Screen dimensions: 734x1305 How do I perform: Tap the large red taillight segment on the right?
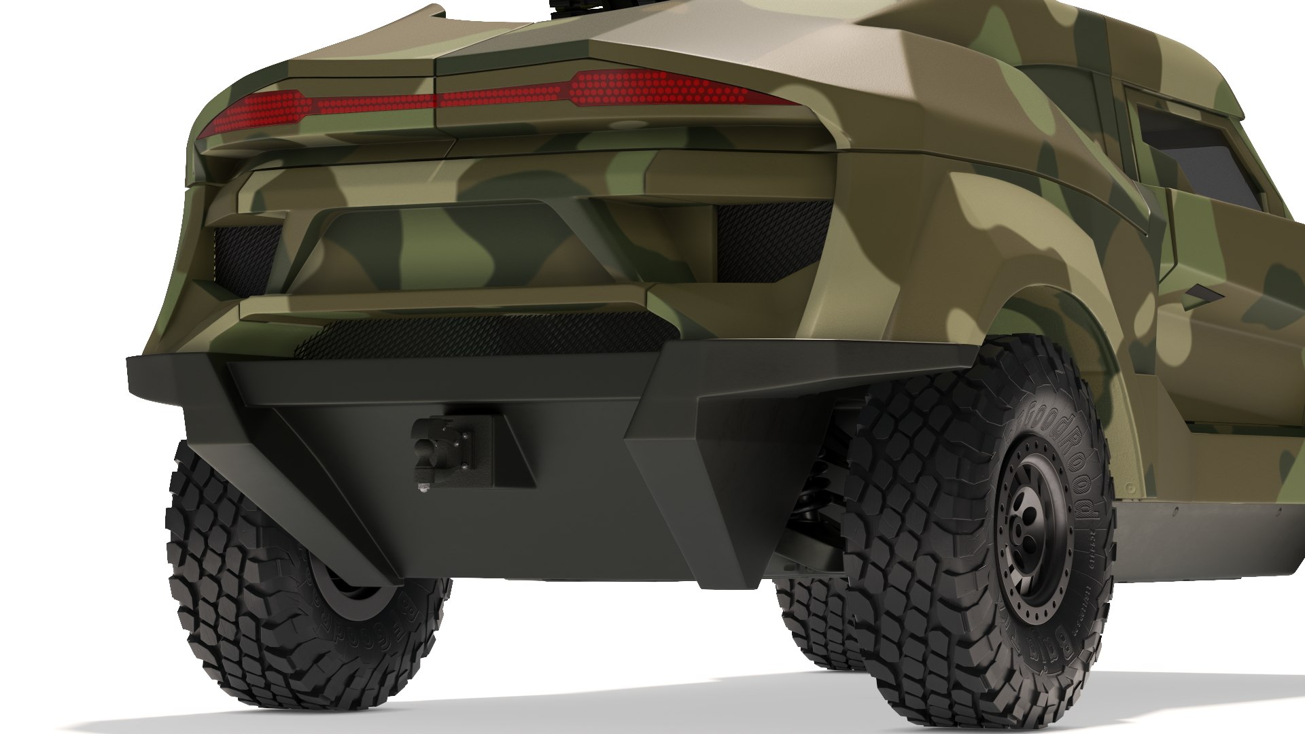[652, 89]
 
